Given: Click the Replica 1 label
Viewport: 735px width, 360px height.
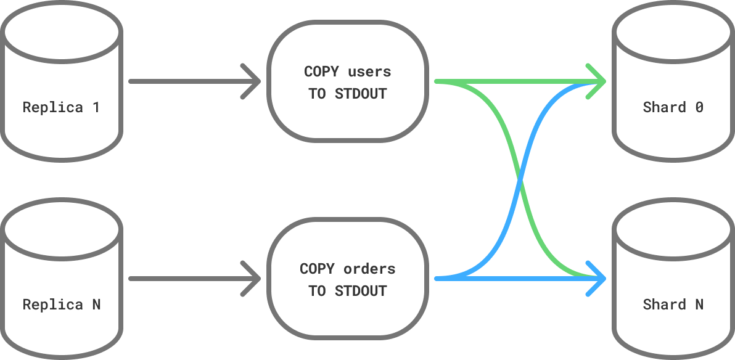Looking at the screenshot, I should tap(61, 107).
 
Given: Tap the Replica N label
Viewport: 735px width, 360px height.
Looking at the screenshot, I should tap(61, 305).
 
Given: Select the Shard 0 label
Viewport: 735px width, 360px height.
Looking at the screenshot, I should tap(673, 107).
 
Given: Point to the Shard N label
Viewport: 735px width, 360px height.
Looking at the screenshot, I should tap(673, 305).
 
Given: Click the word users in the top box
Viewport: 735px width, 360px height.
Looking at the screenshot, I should tap(369, 72).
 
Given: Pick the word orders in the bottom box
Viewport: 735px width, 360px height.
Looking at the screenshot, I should tap(369, 269).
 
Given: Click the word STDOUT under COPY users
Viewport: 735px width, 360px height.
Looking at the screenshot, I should tap(361, 94).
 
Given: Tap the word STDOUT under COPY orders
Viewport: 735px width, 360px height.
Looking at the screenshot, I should tap(361, 291).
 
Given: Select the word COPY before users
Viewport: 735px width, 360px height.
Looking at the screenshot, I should tap(321, 72).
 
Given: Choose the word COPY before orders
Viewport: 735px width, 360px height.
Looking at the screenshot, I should tap(317, 269).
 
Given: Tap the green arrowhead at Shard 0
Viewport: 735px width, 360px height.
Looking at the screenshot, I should tap(598, 81).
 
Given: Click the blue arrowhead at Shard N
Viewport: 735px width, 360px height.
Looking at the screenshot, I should tap(598, 279).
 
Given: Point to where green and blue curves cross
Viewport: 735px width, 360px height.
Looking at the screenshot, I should tap(521, 180).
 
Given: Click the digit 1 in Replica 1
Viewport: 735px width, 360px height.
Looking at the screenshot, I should tap(96, 107).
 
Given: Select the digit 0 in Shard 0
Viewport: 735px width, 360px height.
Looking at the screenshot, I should tap(699, 107).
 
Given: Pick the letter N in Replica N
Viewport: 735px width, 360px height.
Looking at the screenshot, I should tap(96, 305).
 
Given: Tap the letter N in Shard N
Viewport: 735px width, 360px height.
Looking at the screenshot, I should tap(699, 305).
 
